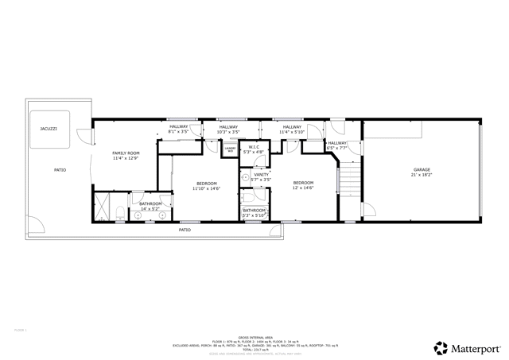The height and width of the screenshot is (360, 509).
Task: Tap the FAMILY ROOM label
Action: (126, 153)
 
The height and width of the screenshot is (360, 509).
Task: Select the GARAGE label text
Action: (422, 170)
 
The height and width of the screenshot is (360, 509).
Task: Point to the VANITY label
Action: (261, 174)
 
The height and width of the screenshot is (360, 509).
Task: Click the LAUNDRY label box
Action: (230, 149)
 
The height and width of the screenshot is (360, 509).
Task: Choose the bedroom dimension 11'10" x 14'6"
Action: (206, 188)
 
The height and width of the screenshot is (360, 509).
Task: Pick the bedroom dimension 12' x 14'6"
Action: (303, 188)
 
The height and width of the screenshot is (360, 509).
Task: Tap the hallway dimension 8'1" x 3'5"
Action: (178, 132)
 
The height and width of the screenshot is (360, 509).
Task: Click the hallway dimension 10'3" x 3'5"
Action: (228, 132)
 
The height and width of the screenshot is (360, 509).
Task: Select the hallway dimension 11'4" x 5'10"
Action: (292, 132)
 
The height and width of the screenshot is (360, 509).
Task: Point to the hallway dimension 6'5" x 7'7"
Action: (337, 148)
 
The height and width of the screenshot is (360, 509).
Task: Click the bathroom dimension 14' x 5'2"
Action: (150, 208)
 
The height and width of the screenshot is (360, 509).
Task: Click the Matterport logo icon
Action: (440, 347)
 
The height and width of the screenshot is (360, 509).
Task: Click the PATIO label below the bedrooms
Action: (185, 230)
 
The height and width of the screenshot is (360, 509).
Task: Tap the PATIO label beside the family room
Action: (60, 170)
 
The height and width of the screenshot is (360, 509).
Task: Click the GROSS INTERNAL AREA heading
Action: (254, 338)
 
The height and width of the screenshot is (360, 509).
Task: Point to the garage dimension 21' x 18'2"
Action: (422, 175)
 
